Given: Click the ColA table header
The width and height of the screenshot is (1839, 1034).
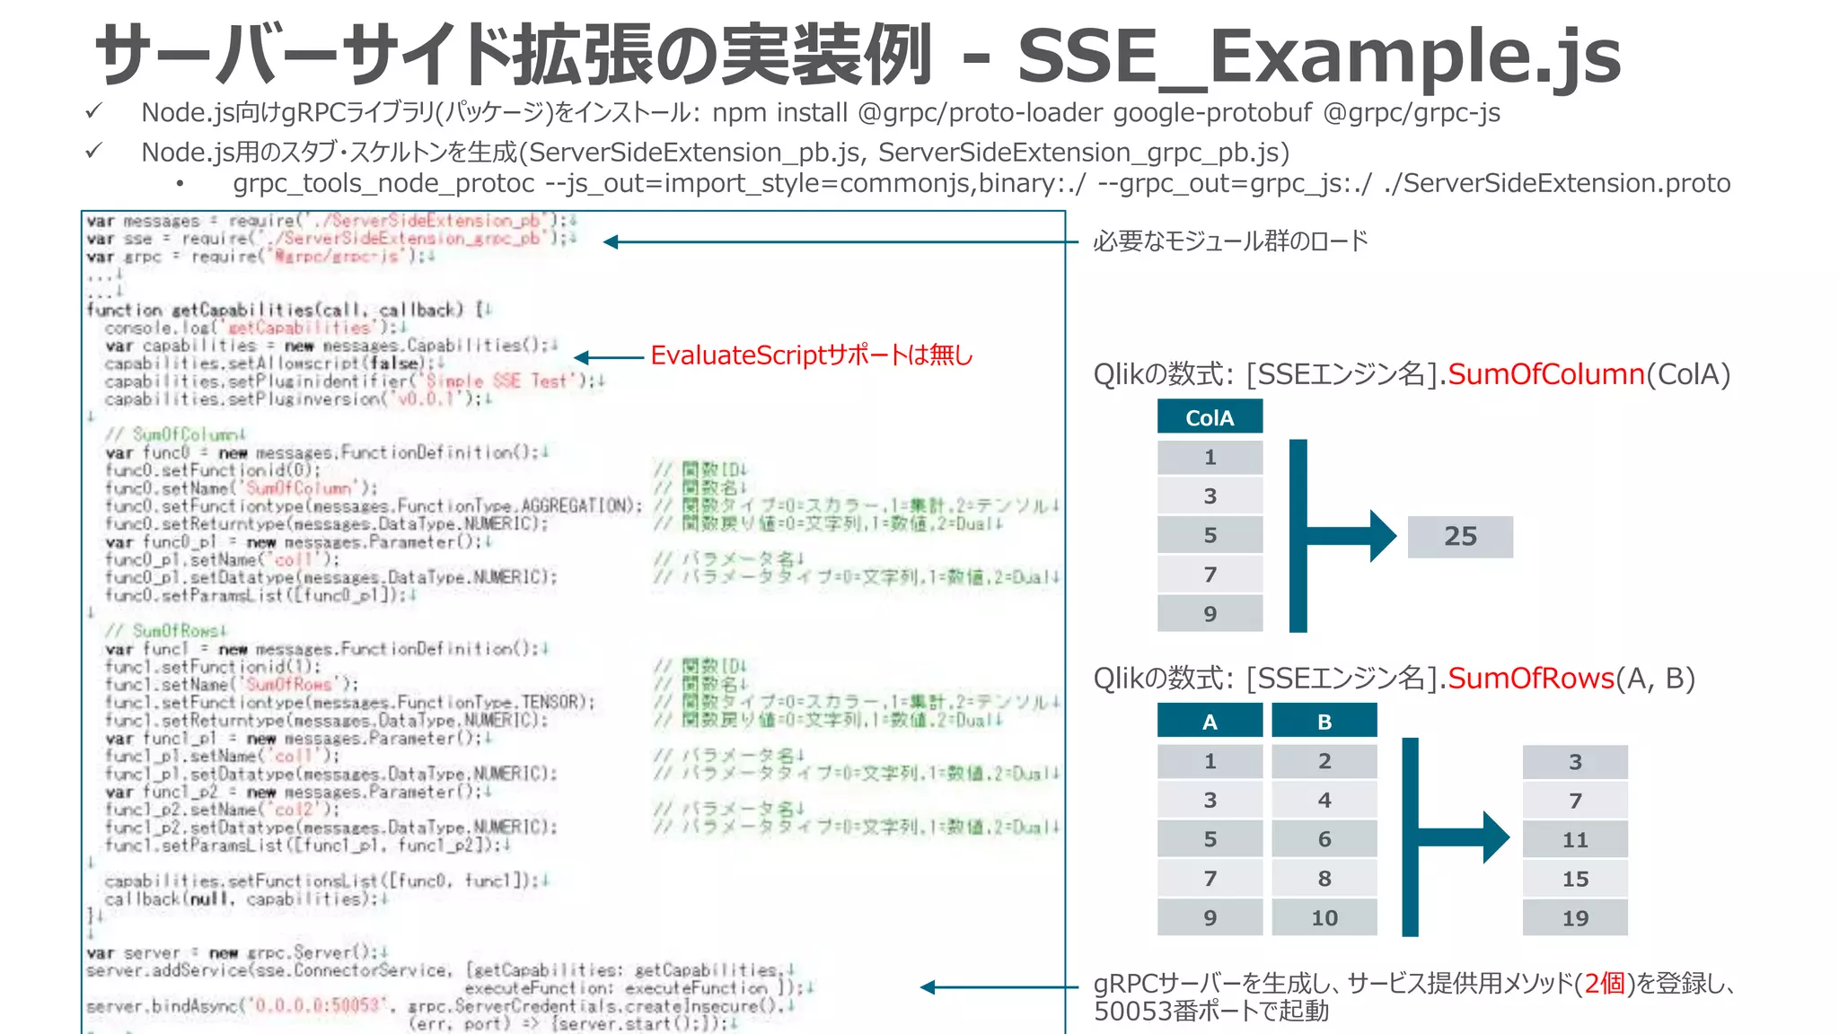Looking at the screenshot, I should coord(1210,417).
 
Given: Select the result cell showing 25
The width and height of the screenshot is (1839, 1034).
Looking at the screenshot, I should coord(1460,537).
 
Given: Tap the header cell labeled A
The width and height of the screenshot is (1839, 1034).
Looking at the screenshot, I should coord(1210,722).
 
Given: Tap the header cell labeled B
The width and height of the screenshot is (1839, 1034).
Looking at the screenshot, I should coord(1324,722).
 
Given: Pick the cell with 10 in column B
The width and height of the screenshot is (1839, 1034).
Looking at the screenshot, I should coord(1324,918).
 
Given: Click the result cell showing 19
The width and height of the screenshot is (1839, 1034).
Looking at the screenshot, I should coord(1575,918).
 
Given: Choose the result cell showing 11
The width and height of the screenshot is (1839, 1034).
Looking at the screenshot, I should coord(1575,840).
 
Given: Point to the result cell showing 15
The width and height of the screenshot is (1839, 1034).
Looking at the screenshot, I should coord(1575,880).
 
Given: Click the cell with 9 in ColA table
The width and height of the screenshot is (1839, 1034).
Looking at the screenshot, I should coord(1210,614).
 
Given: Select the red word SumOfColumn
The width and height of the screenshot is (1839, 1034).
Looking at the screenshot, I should coord(1545,373).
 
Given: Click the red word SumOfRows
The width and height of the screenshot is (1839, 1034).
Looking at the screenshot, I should coord(1530,679).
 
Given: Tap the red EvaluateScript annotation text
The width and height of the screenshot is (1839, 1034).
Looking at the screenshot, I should coord(811,356).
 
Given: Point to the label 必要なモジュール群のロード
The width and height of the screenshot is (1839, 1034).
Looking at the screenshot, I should coord(1230,241).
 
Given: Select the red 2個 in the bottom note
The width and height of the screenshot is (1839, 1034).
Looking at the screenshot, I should coord(1605,984).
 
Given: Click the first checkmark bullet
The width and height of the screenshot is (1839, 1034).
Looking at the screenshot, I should coord(93,112).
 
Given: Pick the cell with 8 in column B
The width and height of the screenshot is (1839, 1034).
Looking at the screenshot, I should coord(1324,879).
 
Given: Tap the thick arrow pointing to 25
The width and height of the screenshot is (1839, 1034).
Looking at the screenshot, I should coord(1347,536).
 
